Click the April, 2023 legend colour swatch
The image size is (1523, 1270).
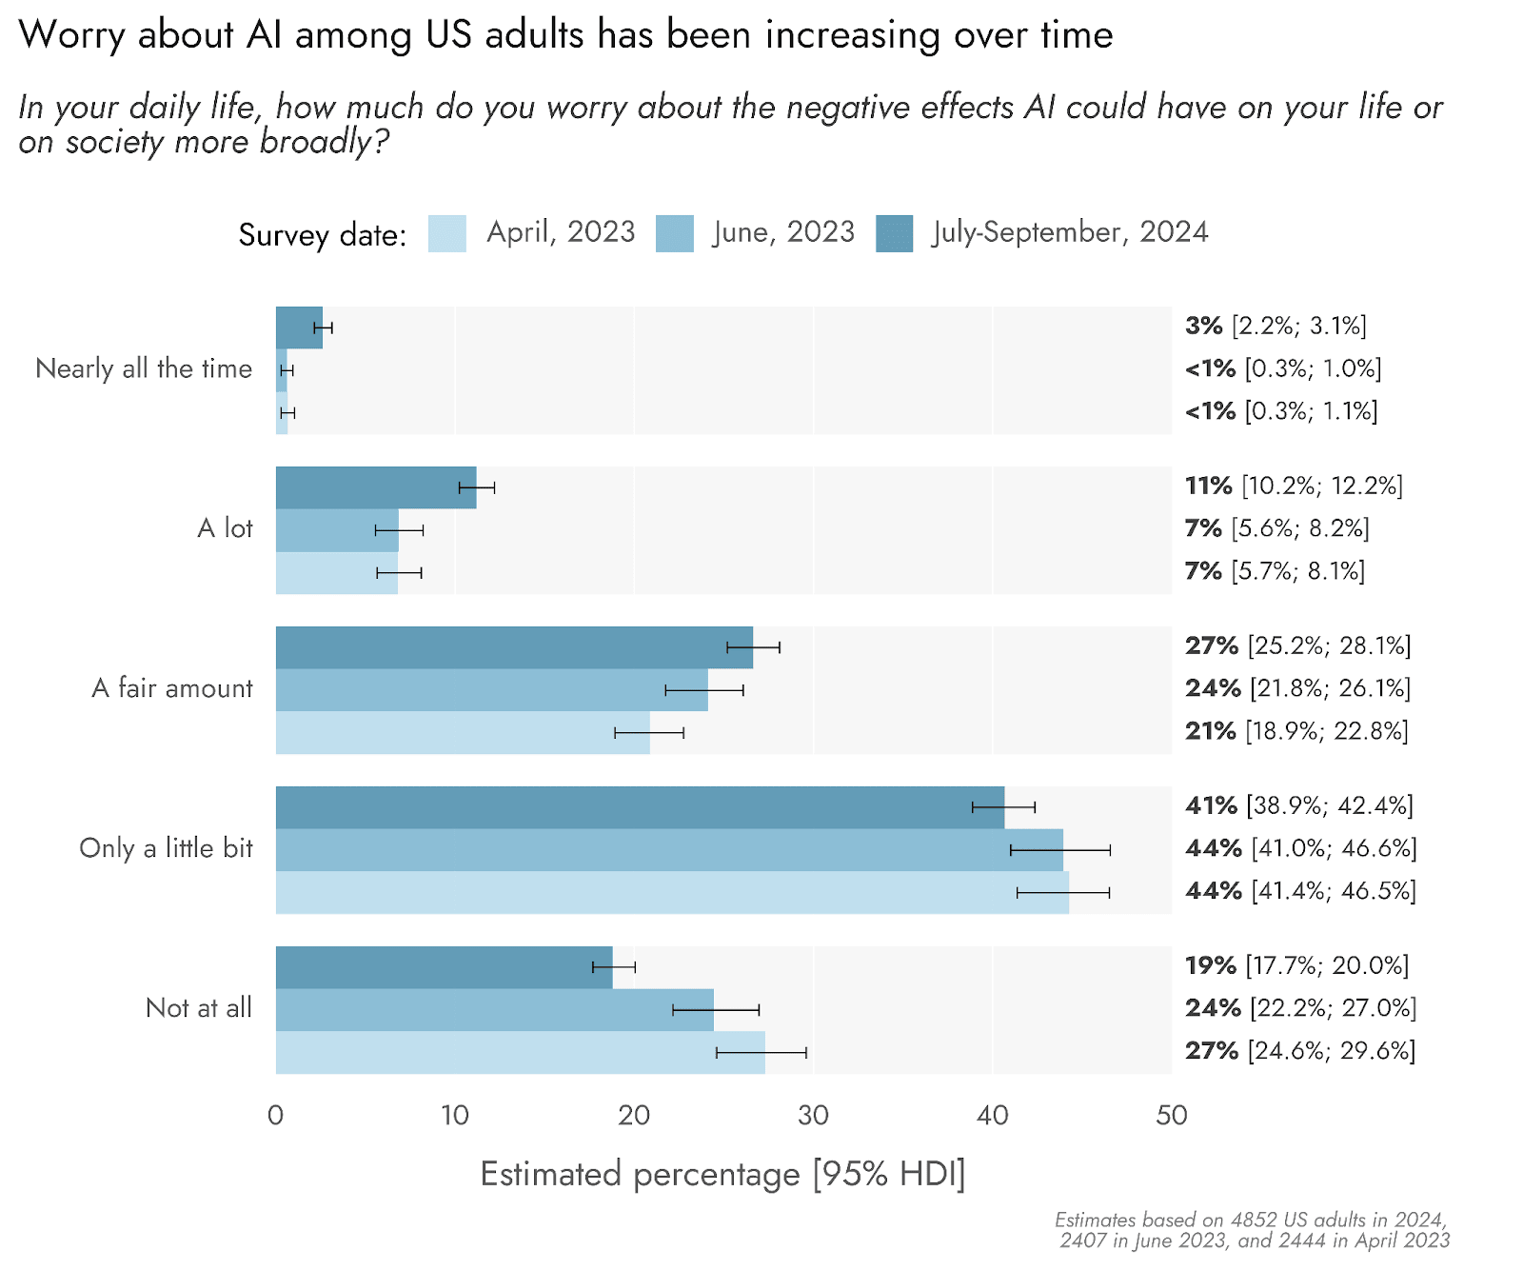pos(446,233)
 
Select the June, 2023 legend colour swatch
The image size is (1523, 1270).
pos(675,233)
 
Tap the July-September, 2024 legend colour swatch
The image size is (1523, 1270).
pos(895,233)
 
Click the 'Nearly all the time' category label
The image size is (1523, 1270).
pos(144,368)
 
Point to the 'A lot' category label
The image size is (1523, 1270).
pos(226,528)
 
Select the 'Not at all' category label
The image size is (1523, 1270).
pos(199,1008)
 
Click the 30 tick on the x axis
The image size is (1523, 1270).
pos(813,1115)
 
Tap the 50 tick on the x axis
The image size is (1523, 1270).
pos(1172,1115)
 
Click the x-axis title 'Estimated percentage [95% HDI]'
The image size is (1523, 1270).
pos(723,1175)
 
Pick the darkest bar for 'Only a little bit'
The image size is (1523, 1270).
pos(640,807)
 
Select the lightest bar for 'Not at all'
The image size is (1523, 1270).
pos(521,1053)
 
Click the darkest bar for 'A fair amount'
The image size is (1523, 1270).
pos(514,647)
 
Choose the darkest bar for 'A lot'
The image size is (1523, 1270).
pos(376,487)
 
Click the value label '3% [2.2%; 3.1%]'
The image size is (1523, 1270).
pos(1276,327)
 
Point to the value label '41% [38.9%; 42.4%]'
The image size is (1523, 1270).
pos(1299,806)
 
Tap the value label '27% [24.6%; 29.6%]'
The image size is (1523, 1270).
pos(1300,1051)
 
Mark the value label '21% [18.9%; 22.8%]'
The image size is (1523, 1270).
pos(1296,731)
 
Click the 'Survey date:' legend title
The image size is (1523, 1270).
pos(323,235)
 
